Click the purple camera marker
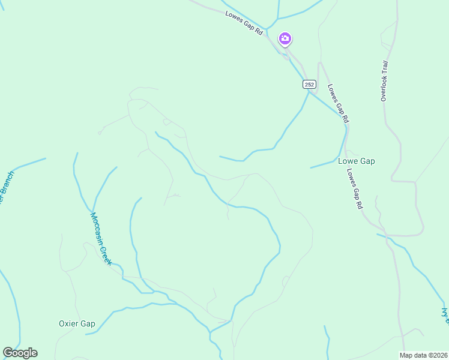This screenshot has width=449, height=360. [x=285, y=40]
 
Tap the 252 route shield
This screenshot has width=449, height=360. [x=309, y=85]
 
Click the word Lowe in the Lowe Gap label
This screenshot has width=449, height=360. [x=348, y=161]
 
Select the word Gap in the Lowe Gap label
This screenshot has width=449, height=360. [x=367, y=161]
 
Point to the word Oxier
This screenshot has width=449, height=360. [x=69, y=323]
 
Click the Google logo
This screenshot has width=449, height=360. [x=20, y=353]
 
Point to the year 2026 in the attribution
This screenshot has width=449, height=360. [x=437, y=355]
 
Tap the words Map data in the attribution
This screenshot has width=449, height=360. [x=412, y=355]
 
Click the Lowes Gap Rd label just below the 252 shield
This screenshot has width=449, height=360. [x=338, y=103]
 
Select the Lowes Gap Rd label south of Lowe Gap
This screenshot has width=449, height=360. [x=355, y=187]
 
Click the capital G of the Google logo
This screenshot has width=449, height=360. [x=8, y=353]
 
